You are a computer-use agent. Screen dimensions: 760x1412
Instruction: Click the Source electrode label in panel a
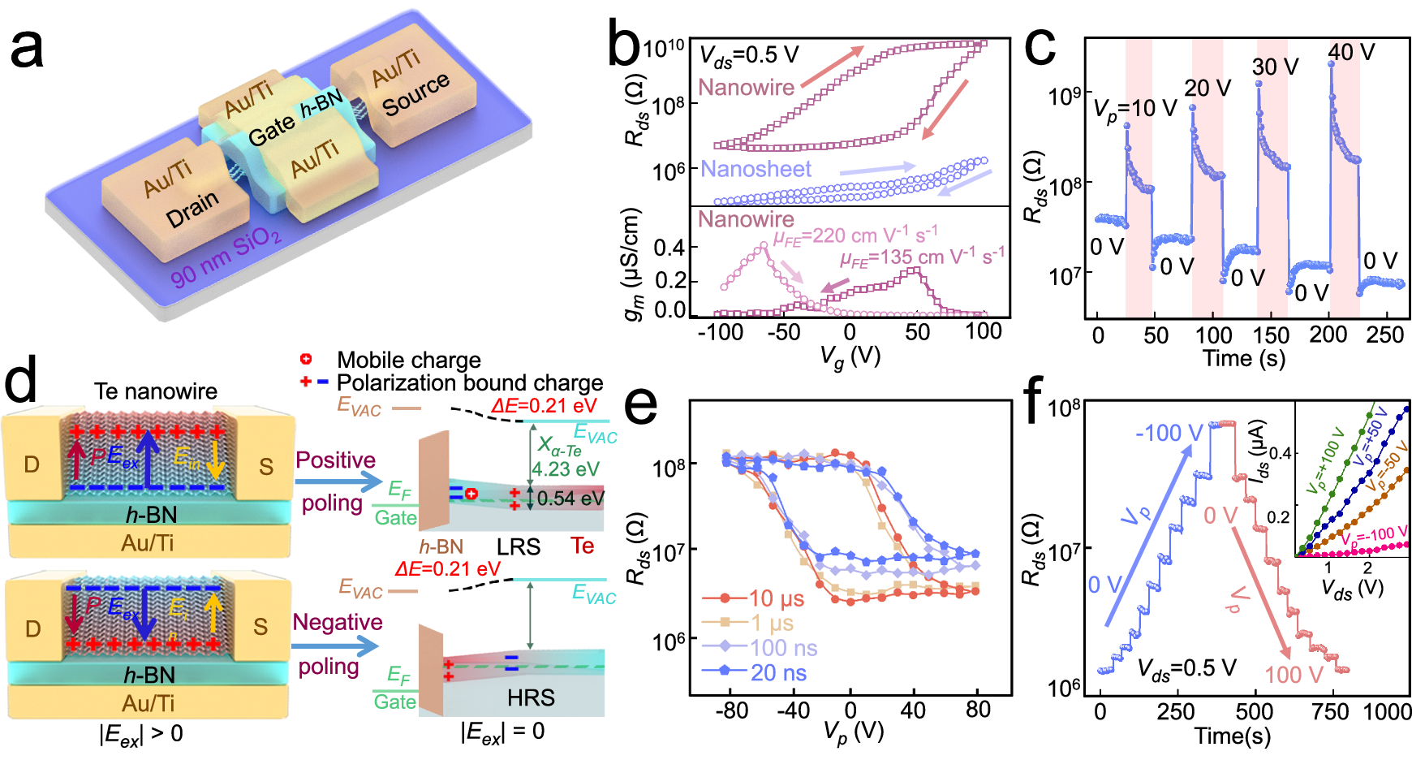[x=415, y=93]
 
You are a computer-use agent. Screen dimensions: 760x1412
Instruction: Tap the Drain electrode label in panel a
[x=192, y=210]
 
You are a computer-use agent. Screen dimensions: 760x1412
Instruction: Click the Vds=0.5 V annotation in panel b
[x=749, y=55]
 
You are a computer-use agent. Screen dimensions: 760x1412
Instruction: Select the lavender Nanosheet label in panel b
[x=756, y=169]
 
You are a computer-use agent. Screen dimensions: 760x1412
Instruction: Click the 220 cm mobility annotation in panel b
[x=855, y=236]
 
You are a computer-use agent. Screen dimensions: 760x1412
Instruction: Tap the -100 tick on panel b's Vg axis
[x=721, y=331]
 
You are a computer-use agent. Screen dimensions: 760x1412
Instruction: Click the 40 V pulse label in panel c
[x=1351, y=52]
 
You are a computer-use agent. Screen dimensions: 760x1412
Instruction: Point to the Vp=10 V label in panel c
[x=1134, y=108]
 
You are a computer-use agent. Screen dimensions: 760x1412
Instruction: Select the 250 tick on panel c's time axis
[x=1384, y=335]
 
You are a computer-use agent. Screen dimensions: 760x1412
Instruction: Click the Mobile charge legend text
[x=408, y=360]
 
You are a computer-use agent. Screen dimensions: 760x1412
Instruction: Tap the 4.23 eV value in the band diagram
[x=566, y=469]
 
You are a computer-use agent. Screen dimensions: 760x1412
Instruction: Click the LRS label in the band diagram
[x=518, y=546]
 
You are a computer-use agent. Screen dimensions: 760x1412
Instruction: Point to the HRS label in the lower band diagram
[x=531, y=697]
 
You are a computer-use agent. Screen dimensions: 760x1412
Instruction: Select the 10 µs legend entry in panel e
[x=776, y=598]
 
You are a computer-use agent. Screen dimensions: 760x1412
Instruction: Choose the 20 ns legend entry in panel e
[x=777, y=673]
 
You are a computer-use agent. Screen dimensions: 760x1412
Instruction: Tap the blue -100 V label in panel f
[x=1169, y=433]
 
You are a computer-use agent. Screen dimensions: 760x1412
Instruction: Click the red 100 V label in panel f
[x=1294, y=675]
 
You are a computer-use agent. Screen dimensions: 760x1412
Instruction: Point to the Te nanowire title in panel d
[x=155, y=391]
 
